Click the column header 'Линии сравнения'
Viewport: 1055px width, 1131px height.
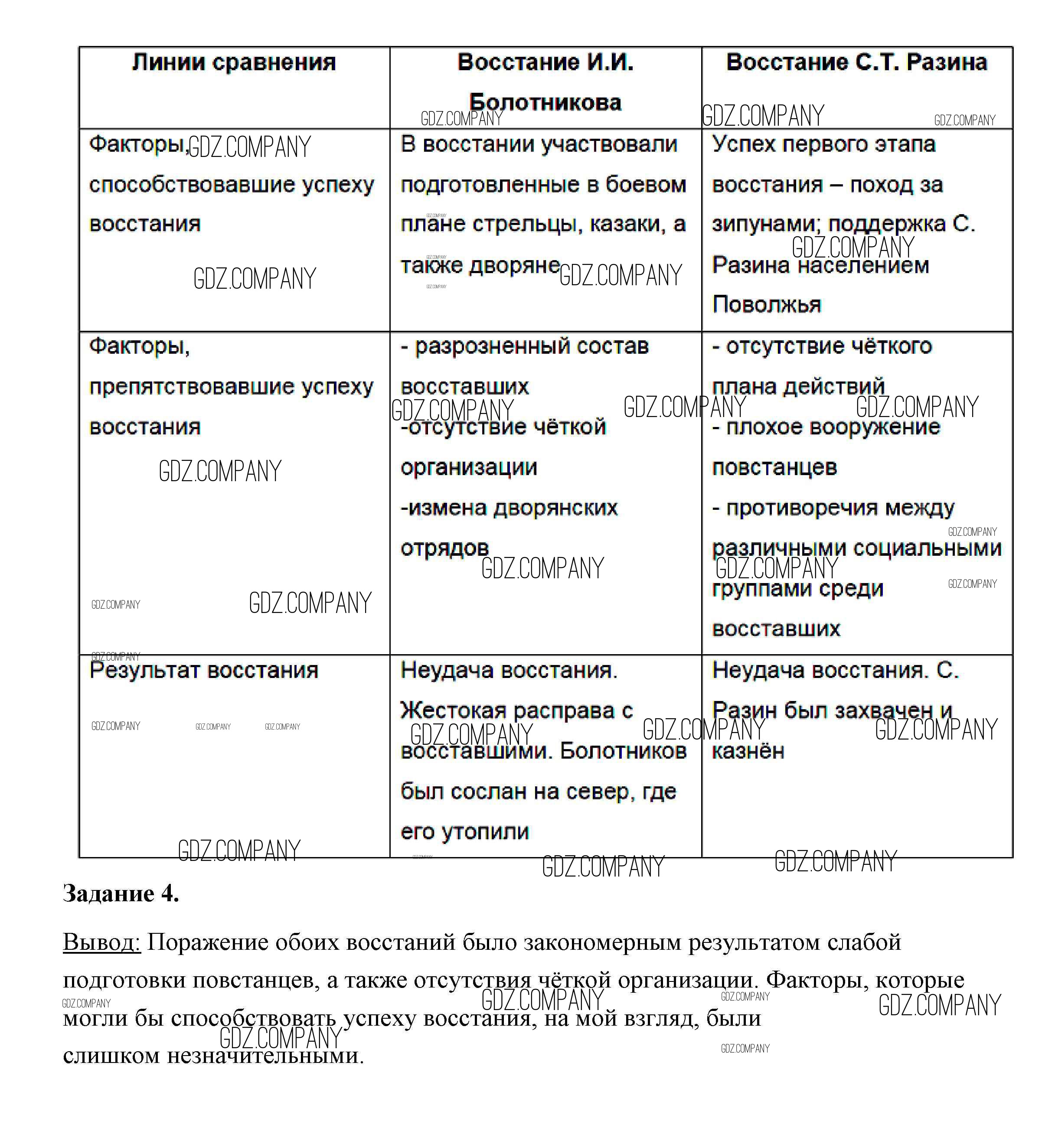233,62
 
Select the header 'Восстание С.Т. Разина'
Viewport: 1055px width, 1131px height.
856,62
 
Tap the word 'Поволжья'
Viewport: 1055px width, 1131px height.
767,305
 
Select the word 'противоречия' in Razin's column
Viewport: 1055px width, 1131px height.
801,508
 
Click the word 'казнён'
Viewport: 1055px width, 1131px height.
748,751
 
